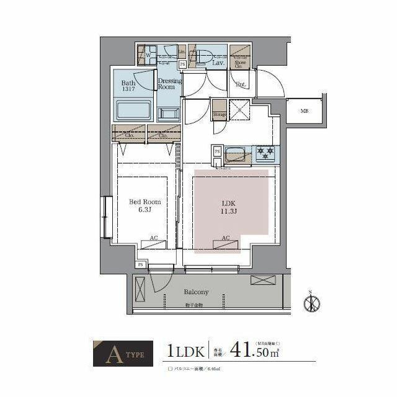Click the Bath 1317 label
(128, 86)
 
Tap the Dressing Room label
(169, 84)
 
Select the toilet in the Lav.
(203, 57)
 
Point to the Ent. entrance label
(241, 84)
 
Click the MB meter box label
(304, 112)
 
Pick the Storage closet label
(219, 115)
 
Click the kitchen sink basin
(236, 152)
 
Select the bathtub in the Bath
(133, 111)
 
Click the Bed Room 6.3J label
(145, 205)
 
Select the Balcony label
(195, 292)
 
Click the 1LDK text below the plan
(184, 351)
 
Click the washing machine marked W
(148, 55)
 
